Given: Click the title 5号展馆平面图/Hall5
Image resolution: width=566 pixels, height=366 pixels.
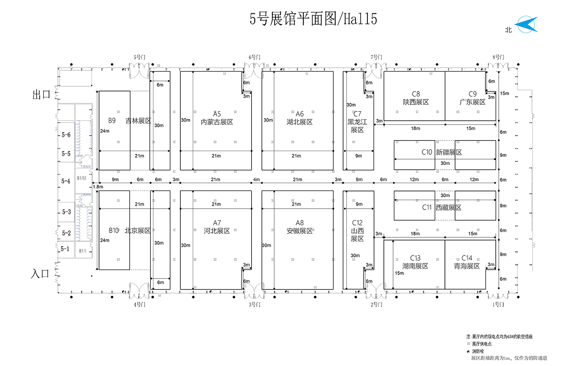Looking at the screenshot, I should coord(313,19).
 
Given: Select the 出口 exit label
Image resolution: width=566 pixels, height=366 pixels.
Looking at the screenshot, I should coord(41,94).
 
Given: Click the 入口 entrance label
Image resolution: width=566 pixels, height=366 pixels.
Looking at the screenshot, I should coord(40,274).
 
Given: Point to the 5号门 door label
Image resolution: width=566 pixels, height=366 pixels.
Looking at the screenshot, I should coord(140,57).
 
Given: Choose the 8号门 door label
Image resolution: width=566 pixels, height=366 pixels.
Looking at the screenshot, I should coord(498,57).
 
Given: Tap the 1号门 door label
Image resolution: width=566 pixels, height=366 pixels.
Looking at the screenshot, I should coord(498,305).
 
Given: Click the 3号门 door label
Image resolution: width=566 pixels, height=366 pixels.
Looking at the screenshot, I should coord(254,305).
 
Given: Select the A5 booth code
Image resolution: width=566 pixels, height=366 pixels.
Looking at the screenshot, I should coord(217,114).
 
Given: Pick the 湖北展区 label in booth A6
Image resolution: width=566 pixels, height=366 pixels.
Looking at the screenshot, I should coord(299,122).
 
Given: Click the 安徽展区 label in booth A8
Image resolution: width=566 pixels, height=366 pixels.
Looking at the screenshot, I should coord(299,231).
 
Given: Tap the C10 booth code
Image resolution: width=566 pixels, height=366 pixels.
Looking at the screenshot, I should coord(427,152).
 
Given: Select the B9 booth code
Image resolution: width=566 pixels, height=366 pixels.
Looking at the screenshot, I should coord(112,120).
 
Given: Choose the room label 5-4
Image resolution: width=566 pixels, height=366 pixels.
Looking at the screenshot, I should coord(66,181).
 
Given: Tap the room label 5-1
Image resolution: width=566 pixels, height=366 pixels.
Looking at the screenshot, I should coord(65,249).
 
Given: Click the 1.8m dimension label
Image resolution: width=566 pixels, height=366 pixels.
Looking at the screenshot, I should coord(98,187).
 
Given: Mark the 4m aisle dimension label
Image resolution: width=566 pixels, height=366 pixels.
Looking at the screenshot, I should coord(256,179).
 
